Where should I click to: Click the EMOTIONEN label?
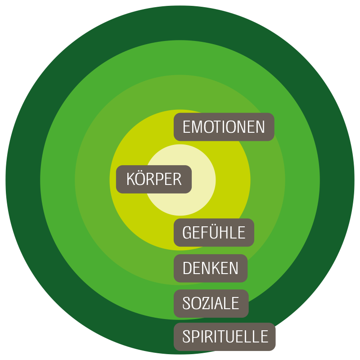(224, 127)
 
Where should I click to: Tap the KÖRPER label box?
(154, 180)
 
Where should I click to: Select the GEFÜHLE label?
(214, 233)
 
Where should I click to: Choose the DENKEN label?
(210, 268)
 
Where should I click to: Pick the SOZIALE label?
(211, 303)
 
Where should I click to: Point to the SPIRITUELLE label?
(225, 337)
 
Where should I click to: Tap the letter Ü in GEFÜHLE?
(214, 232)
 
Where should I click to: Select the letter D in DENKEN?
(187, 268)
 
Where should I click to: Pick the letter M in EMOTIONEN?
(198, 127)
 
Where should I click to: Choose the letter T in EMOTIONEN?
(220, 127)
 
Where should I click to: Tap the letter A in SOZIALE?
(224, 303)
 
